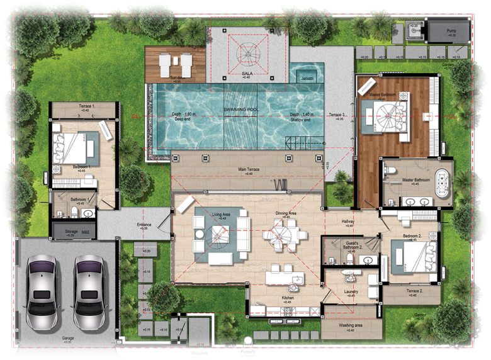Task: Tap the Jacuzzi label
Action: [307, 78]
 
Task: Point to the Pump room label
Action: [451, 31]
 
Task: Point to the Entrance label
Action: [144, 225]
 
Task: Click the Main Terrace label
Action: [250, 169]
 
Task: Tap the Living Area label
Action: [222, 215]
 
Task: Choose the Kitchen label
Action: [287, 298]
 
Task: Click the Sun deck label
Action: [176, 78]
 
